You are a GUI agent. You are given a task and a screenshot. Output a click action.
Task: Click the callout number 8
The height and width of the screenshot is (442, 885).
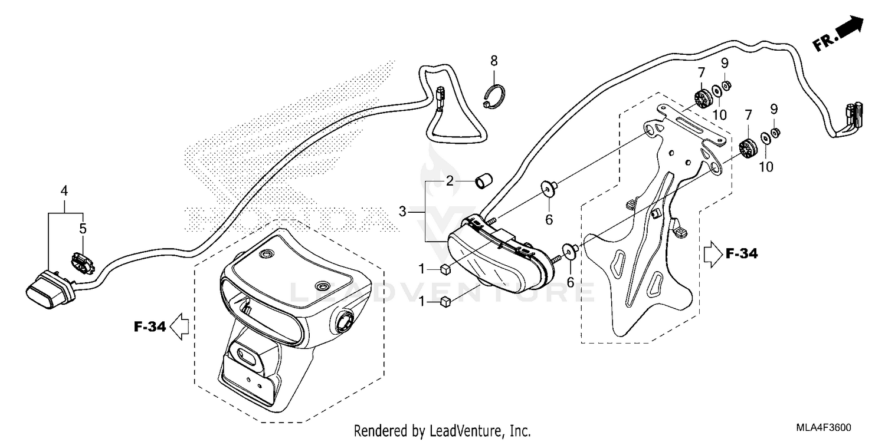click(x=494, y=60)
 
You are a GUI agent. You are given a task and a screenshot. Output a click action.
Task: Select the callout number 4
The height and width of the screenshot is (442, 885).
click(x=64, y=191)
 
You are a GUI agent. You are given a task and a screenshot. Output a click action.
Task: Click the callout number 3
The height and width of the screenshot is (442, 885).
click(x=403, y=211)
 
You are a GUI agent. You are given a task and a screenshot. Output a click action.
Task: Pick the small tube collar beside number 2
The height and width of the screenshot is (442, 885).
click(x=484, y=181)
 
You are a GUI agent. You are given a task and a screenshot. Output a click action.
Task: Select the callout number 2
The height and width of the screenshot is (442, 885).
click(x=450, y=181)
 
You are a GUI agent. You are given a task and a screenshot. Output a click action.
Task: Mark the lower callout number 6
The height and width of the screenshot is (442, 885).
click(x=570, y=282)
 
